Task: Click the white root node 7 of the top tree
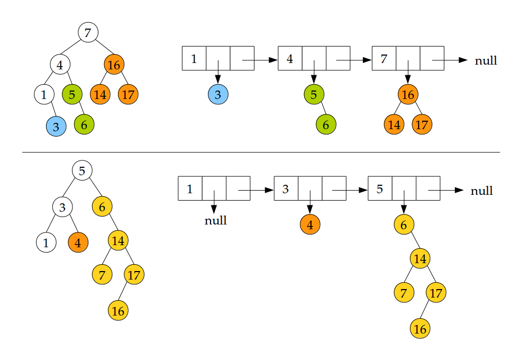[88, 32]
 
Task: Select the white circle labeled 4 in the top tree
[60, 65]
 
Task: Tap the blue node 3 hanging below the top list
[218, 95]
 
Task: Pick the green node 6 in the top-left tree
[84, 125]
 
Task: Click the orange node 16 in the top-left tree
[114, 65]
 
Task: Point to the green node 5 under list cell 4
[314, 95]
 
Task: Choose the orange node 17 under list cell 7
[422, 125]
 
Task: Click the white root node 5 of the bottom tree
[82, 170]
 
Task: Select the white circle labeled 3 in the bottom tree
[62, 207]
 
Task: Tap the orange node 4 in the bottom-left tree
[78, 243]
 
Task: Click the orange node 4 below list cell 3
[310, 224]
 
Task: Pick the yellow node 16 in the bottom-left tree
[118, 311]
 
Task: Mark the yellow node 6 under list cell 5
[404, 224]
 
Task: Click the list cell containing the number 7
[384, 58]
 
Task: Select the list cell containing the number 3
[286, 188]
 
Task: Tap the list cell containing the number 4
[290, 58]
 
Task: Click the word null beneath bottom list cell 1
[215, 220]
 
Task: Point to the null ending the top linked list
[486, 60]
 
